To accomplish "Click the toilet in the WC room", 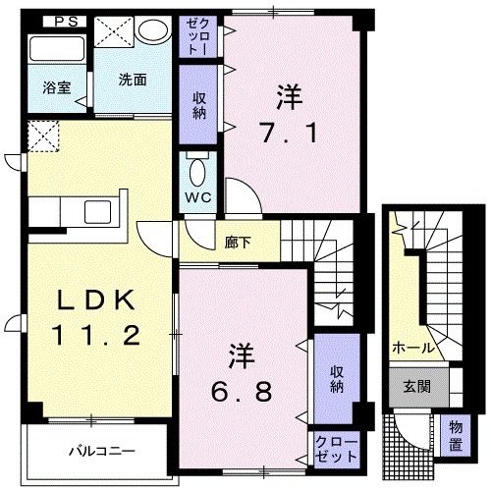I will click(197, 175).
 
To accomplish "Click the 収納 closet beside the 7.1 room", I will click(197, 105).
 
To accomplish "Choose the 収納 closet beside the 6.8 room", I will click(336, 378).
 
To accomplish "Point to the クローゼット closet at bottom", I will click(335, 450).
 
